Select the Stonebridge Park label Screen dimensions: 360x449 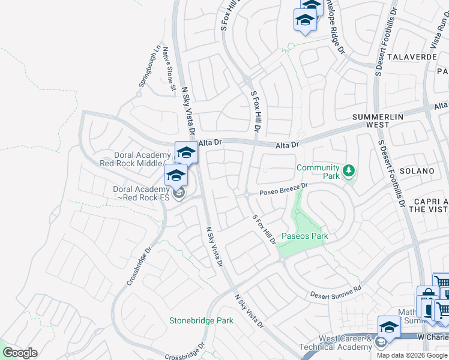coord(201,320)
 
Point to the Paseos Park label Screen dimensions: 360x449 coord(305,236)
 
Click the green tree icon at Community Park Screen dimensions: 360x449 coord(349,172)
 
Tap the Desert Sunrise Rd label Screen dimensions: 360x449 coord(336,292)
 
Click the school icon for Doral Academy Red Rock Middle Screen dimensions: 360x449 coord(186,152)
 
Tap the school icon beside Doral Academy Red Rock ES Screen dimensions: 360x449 coord(176,175)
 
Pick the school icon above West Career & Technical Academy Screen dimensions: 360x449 coord(389,327)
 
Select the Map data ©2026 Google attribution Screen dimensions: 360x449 coord(412,355)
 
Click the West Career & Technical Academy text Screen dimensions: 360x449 coord(345,343)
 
